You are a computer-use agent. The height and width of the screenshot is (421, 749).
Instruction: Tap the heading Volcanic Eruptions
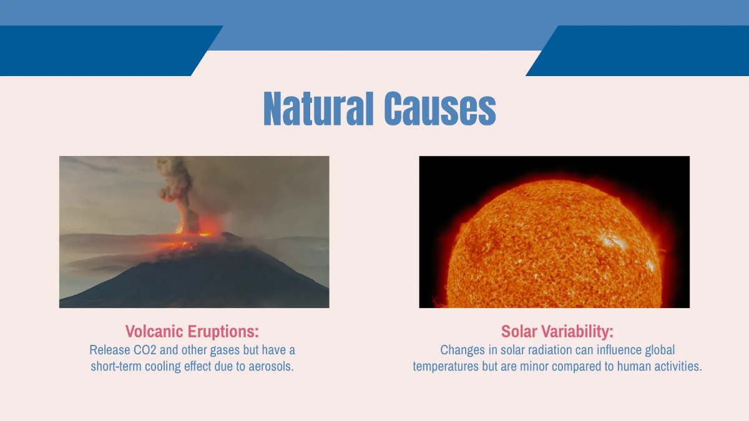[x=192, y=331]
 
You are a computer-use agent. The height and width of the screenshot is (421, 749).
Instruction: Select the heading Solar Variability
[x=557, y=331]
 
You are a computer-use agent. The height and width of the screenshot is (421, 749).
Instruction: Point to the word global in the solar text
[x=658, y=350]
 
